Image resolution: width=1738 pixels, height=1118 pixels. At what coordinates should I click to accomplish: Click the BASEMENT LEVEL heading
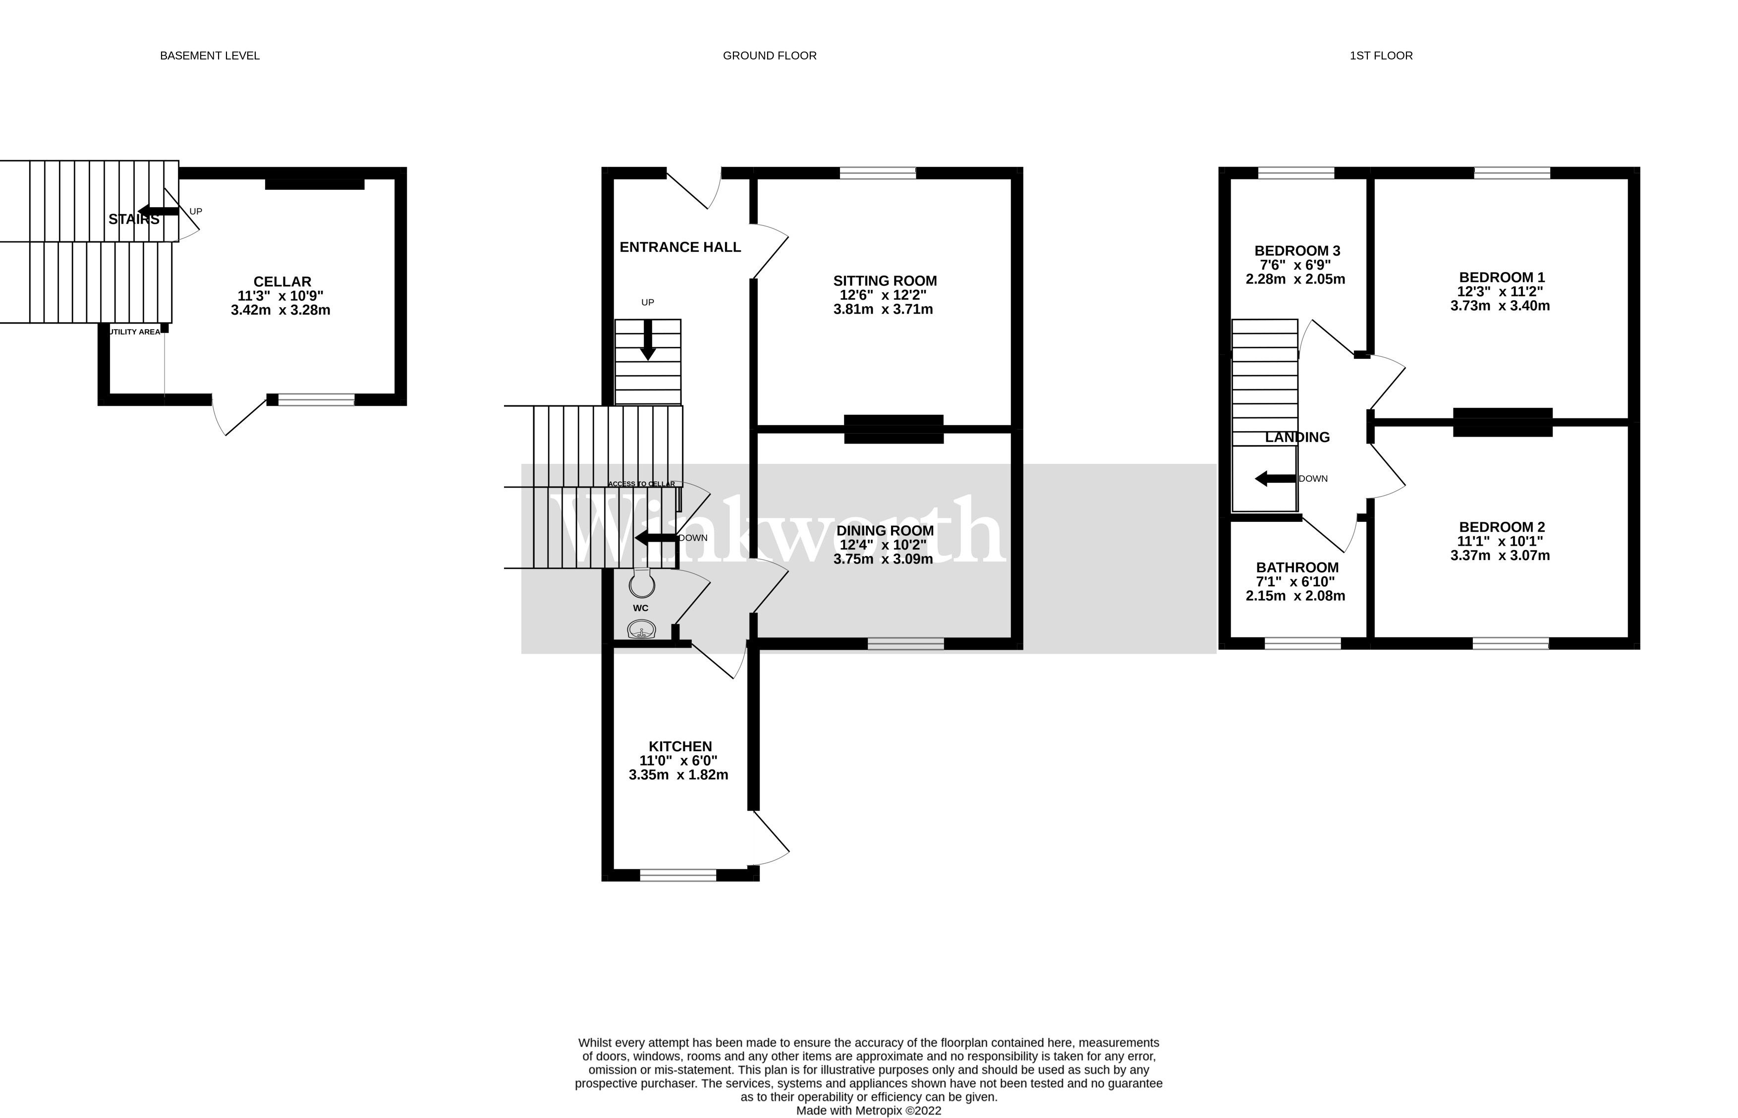[x=209, y=56]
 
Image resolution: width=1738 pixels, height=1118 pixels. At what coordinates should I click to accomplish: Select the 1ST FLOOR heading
[x=1380, y=56]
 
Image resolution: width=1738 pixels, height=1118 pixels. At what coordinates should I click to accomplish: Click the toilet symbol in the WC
[x=642, y=582]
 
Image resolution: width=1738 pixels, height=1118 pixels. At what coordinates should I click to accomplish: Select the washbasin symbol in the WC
[x=641, y=629]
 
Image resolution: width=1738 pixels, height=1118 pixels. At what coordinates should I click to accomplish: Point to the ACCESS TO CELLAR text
[x=641, y=484]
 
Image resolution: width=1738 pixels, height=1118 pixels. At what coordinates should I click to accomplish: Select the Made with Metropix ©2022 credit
[x=868, y=1111]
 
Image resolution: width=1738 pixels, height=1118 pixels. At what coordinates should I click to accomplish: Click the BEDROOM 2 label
[x=1501, y=527]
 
